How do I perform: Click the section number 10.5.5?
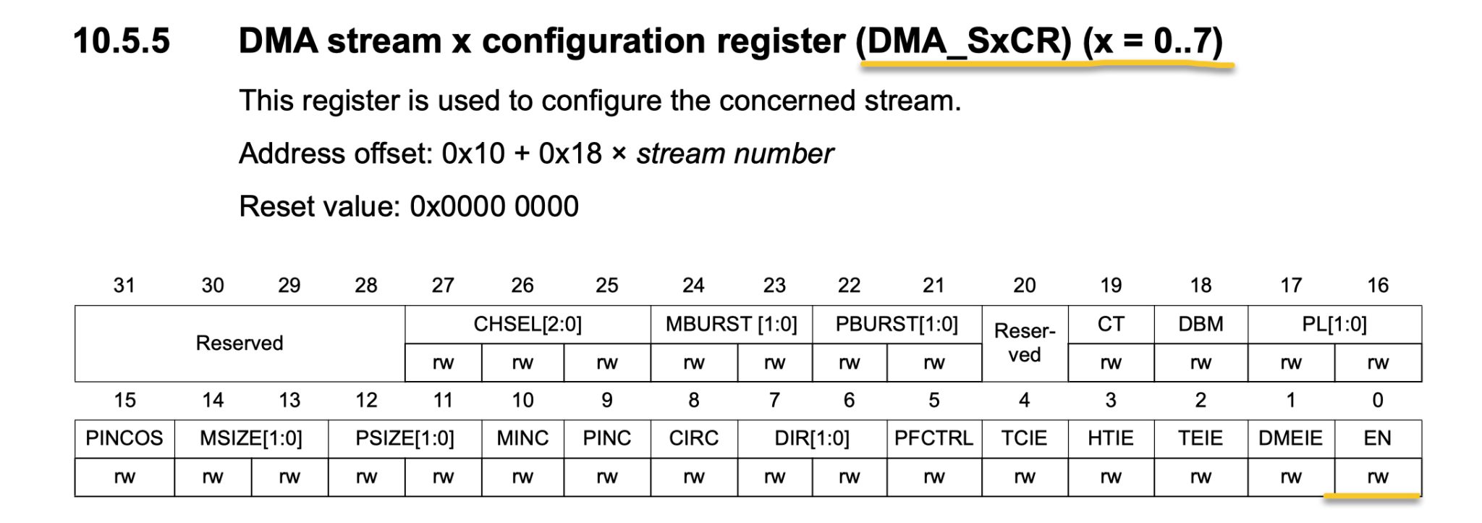pos(122,41)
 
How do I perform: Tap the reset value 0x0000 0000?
pos(494,206)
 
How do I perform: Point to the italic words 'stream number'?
pos(734,154)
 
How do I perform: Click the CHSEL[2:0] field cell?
pos(528,324)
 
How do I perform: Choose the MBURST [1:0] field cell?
pos(731,324)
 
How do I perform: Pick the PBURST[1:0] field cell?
pos(897,324)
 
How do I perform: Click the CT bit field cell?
pos(1111,324)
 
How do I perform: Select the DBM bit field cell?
pos(1201,324)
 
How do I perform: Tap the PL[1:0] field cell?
pos(1334,324)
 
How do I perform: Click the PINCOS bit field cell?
pos(124,438)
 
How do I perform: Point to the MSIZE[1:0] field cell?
pos(251,438)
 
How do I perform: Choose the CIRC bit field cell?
pos(693,438)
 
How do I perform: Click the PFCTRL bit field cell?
pos(933,438)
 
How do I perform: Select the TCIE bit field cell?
pos(1024,438)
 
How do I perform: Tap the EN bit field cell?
pos(1377,438)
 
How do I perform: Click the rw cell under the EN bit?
pos(1377,477)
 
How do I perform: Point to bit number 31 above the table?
pos(124,285)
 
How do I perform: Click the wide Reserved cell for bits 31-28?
pos(240,343)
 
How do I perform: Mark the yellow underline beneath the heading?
pos(1046,64)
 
